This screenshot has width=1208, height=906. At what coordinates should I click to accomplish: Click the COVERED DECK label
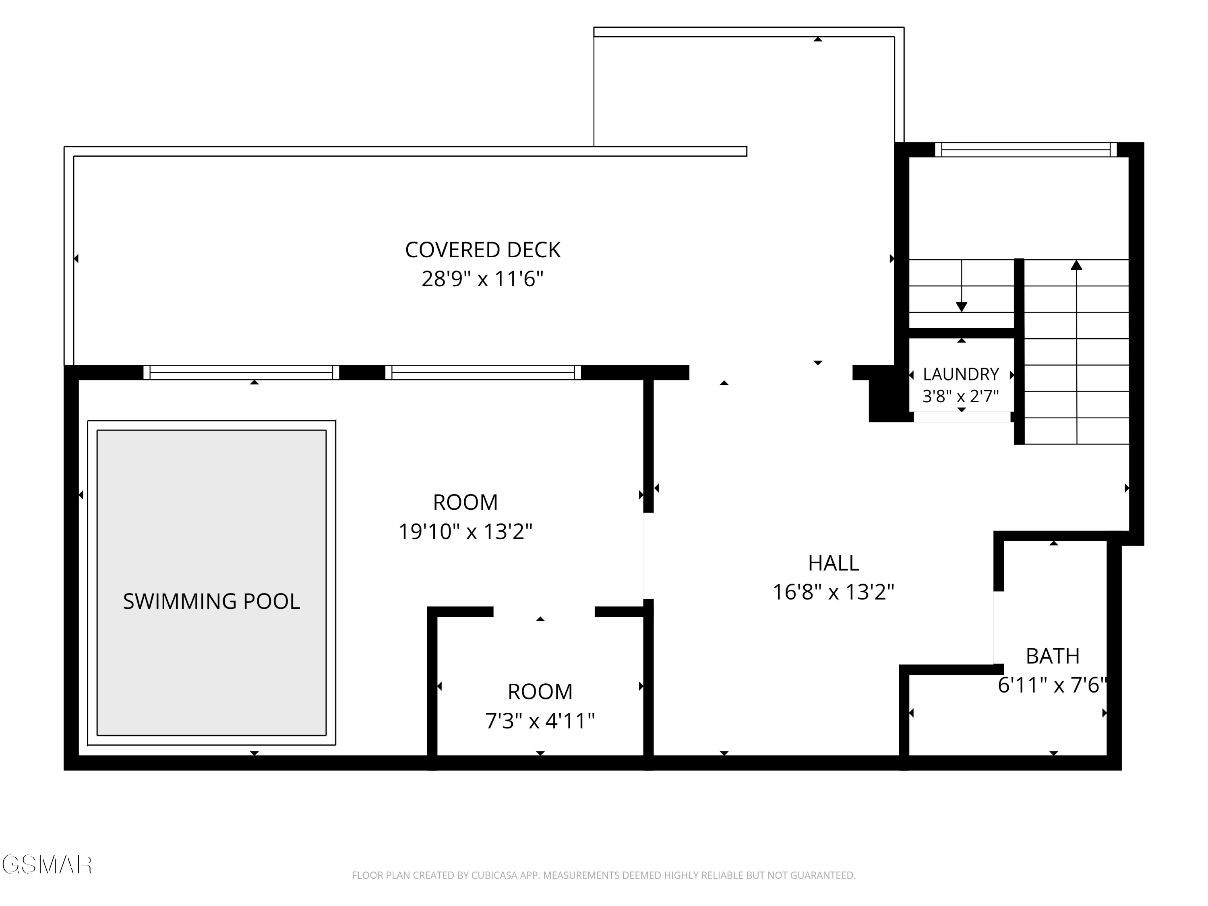point(483,250)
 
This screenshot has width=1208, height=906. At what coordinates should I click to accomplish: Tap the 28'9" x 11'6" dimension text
point(483,279)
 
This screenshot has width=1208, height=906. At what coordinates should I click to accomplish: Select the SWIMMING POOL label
point(211,601)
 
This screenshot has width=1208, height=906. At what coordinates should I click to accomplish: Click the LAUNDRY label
point(961,374)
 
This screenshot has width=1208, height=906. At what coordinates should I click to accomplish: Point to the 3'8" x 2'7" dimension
point(961,396)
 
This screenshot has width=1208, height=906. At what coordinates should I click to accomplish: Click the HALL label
point(834,563)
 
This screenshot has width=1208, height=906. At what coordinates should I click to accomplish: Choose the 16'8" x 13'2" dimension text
point(834,592)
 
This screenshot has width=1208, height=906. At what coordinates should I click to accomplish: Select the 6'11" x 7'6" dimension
point(1052,685)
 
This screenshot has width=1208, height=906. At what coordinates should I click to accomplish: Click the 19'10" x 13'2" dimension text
point(465,532)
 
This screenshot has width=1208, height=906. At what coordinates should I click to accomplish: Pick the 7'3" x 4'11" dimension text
point(540,721)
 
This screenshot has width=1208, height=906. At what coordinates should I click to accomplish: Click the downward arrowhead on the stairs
point(962,307)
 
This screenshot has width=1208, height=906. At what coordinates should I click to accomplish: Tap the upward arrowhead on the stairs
point(1076,265)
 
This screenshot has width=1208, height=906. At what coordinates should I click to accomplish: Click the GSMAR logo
point(47,865)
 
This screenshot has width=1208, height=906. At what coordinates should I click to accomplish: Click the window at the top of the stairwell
point(1026,150)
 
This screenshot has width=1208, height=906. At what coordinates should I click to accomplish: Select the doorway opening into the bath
point(998,627)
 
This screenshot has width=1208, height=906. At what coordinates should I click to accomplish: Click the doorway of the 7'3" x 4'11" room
point(544,612)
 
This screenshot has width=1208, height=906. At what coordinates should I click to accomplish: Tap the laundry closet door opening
point(962,417)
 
